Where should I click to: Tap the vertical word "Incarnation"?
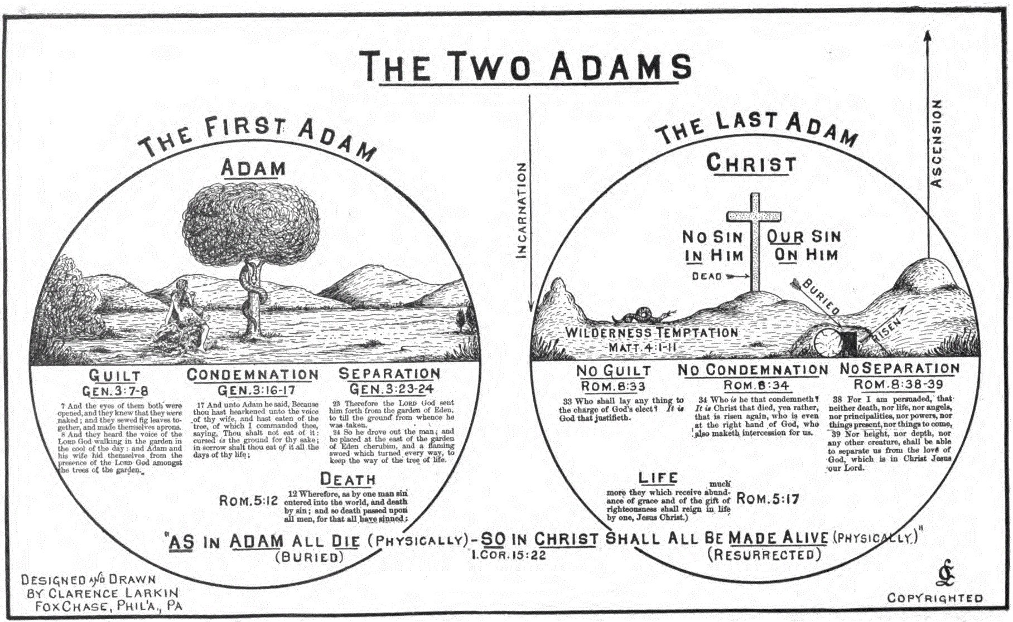coord(522,211)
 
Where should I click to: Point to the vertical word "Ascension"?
coord(937,143)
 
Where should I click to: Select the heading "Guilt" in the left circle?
coord(115,375)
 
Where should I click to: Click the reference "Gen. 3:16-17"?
coord(256,390)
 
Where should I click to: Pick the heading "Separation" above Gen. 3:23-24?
coord(389,373)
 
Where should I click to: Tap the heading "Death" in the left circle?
coord(348,479)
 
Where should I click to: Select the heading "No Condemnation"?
coord(753,370)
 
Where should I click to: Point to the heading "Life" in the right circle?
coord(658,478)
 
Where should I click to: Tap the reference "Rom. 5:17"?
coord(767,498)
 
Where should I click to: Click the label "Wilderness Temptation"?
coord(652,333)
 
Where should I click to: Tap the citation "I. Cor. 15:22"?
coord(508,555)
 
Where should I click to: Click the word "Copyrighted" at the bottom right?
coord(935,598)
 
